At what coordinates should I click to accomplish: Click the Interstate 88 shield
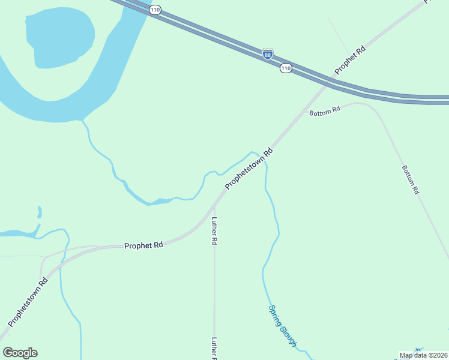268,54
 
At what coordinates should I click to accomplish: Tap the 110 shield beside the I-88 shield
286,69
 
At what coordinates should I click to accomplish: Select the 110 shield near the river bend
156,10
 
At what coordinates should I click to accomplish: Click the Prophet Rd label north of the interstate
351,61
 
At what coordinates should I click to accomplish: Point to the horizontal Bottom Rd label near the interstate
325,110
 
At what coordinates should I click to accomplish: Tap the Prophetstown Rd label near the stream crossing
249,170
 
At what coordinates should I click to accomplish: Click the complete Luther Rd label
214,230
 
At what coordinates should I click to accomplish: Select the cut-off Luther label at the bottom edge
214,348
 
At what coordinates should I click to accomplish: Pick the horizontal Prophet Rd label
143,245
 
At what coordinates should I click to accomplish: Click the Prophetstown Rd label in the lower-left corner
28,301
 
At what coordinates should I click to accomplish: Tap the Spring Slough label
283,326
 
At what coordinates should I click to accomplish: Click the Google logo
20,353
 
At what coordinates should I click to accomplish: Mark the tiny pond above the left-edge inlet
40,212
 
